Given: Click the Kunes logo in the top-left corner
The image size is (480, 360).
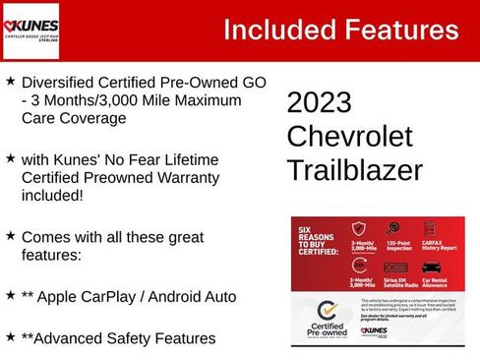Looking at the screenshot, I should pos(30,30).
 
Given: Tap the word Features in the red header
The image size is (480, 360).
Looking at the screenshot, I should pos(402,30).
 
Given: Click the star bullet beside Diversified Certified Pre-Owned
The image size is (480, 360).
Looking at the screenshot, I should pos(10,82).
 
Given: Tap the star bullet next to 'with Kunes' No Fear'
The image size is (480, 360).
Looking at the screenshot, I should pos(10,158).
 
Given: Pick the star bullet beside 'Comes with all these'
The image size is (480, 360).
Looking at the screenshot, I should pos(10,236).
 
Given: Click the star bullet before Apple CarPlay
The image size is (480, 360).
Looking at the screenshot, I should pos(10,294).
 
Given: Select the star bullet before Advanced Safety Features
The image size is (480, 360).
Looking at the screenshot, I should pos(10,336).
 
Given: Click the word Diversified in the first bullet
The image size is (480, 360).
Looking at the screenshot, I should pos(61,82).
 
